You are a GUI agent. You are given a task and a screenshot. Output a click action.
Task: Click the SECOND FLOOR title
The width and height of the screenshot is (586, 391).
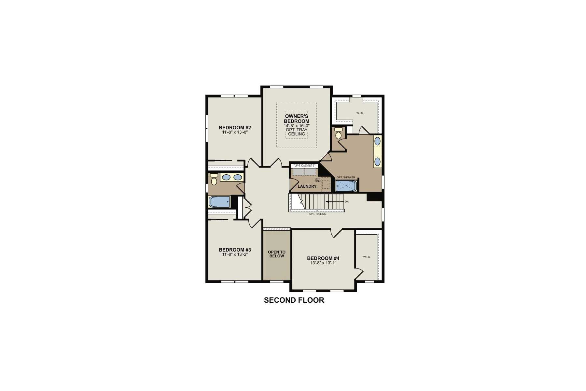(294, 300)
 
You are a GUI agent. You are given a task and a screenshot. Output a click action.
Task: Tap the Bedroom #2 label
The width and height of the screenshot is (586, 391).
(235, 127)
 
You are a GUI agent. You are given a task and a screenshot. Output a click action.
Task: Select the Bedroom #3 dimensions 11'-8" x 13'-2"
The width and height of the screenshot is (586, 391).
(235, 254)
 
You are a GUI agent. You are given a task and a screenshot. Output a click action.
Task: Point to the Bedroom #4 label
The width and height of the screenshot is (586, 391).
(323, 258)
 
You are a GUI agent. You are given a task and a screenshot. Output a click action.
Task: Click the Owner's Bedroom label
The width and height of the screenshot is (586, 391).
(296, 119)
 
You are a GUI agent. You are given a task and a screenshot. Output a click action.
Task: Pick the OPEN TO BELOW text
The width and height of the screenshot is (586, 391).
(276, 254)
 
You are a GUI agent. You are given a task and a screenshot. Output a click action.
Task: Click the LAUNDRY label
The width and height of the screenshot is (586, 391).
(307, 186)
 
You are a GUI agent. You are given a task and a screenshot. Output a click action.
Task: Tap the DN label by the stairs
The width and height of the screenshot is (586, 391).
(347, 202)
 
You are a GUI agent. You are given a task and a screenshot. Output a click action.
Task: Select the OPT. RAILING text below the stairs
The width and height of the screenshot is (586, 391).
(317, 214)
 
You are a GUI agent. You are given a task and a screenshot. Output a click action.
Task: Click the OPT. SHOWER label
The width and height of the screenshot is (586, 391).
(346, 178)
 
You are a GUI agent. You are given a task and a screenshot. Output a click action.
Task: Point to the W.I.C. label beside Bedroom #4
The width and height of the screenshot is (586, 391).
(367, 257)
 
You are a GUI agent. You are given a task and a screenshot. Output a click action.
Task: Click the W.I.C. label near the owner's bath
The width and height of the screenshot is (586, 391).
(360, 113)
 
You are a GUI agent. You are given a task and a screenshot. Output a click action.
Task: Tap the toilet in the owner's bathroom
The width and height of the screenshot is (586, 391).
(338, 134)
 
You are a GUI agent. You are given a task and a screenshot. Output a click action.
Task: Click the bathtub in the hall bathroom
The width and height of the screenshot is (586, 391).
(220, 202)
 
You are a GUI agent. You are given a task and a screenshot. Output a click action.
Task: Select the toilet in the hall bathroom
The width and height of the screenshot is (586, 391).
(214, 180)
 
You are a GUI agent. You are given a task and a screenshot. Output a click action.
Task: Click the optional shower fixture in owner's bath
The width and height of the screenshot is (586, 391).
(346, 186)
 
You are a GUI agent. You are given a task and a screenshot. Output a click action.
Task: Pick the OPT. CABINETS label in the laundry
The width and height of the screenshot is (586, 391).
(304, 166)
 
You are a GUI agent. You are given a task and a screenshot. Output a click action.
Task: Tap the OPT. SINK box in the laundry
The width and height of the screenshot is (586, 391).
(325, 184)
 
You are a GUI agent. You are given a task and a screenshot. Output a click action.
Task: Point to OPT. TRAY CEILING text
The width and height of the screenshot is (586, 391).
(296, 132)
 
